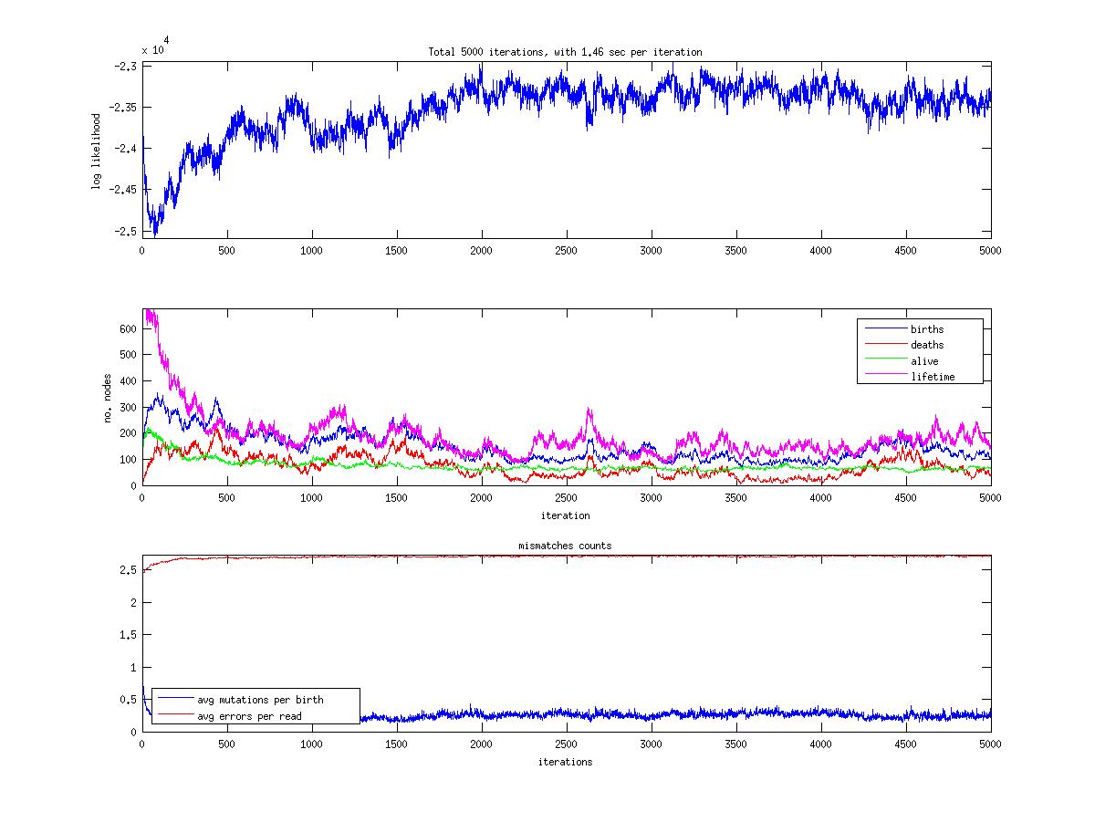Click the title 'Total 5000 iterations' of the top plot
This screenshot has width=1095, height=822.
pos(565,52)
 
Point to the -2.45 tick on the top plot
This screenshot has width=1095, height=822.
pos(123,190)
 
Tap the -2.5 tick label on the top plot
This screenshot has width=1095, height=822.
pos(126,231)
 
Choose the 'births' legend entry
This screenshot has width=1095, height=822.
pos(927,329)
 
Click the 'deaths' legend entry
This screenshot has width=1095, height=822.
pos(927,345)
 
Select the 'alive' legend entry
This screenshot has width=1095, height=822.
pos(924,361)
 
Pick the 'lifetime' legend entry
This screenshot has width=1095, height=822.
pos(933,377)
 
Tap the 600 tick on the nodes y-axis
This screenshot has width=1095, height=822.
pos(127,328)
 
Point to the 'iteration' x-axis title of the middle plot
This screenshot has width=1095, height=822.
pos(565,515)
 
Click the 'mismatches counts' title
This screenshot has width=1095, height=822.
pos(566,546)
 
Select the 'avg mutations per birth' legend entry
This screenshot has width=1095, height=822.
pos(260,700)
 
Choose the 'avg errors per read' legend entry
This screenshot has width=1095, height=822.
pos(249,716)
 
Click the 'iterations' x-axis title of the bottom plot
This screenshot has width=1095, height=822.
pos(565,762)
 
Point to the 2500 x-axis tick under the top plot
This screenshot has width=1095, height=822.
pos(566,250)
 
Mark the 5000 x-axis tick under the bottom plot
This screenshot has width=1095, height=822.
pos(990,744)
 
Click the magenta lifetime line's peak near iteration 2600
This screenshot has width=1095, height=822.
pos(589,410)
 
